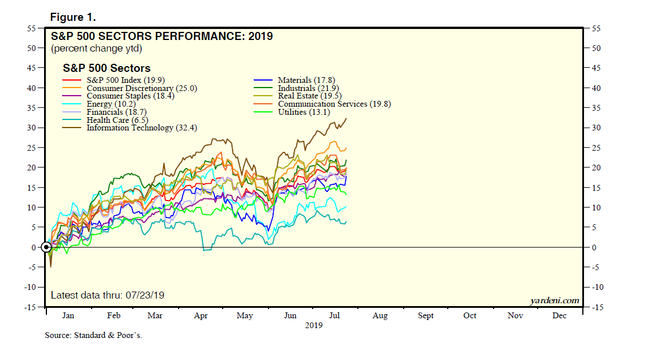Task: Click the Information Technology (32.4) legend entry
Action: click(142, 128)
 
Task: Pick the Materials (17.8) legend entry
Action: click(306, 80)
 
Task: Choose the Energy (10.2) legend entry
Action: click(111, 104)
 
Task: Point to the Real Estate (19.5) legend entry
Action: click(309, 96)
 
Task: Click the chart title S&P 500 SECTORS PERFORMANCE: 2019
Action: click(162, 37)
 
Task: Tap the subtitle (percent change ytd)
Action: click(96, 49)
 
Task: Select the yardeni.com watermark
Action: click(554, 300)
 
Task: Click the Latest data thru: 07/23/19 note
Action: click(108, 295)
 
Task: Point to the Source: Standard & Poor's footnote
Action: click(93, 336)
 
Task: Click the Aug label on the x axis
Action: click(380, 315)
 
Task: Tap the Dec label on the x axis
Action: click(559, 315)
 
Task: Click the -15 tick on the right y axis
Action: click(594, 307)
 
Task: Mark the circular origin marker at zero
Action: click(46, 248)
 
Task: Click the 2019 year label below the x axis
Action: click(314, 325)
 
